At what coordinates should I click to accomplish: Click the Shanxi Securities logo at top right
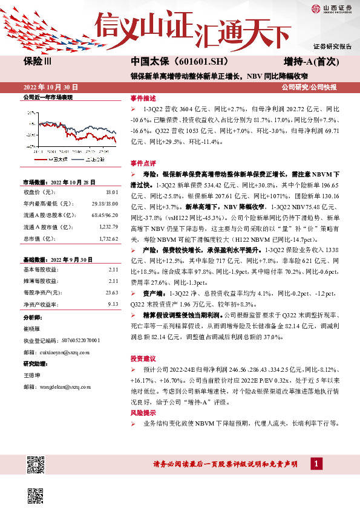pyautogui.click(x=330, y=8)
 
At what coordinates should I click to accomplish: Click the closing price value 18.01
pyautogui.click(x=111, y=192)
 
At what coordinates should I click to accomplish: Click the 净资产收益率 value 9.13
pyautogui.click(x=112, y=304)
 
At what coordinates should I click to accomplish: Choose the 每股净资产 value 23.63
pyautogui.click(x=111, y=293)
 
